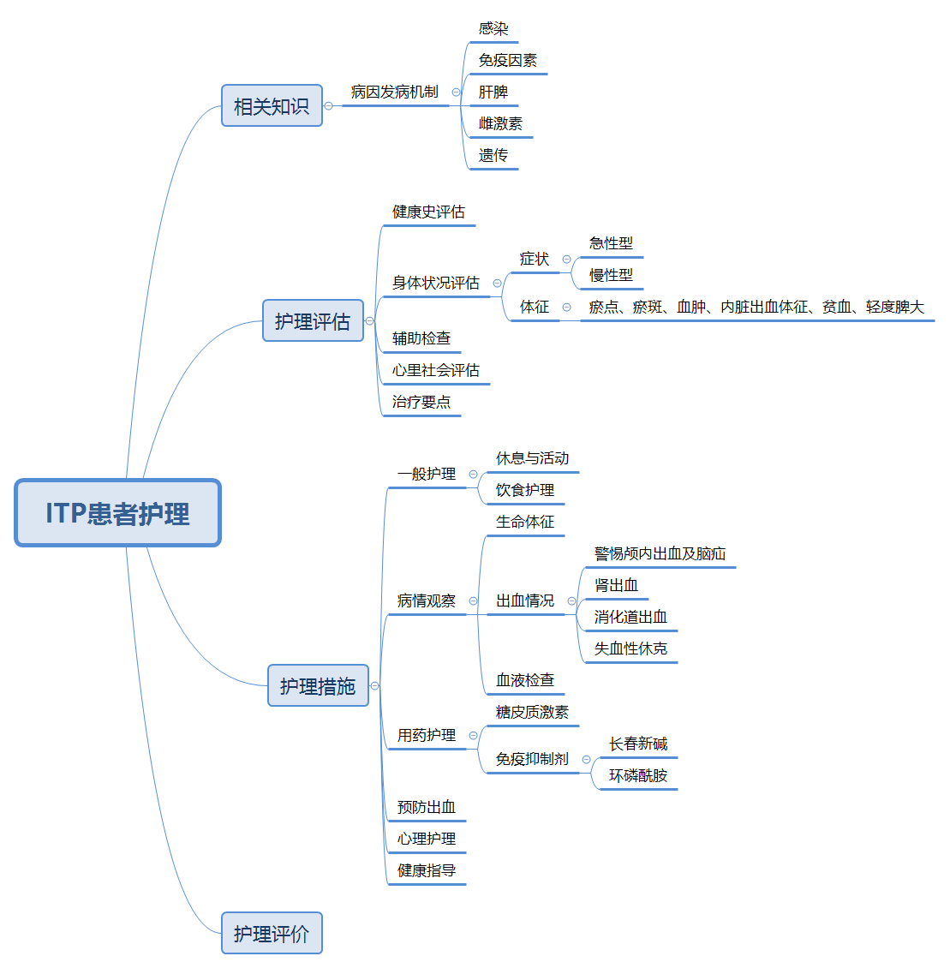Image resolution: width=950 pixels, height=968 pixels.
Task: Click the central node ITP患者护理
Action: tap(118, 513)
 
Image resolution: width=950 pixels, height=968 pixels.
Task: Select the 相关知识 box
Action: tap(272, 106)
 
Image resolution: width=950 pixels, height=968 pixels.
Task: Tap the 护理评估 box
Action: tap(313, 321)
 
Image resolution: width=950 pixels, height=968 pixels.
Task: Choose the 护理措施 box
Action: tap(318, 686)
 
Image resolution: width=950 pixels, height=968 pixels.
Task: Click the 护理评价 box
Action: tap(272, 934)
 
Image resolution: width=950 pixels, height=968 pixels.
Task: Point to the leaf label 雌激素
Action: tap(500, 124)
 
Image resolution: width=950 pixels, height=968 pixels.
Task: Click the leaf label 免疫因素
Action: tap(507, 61)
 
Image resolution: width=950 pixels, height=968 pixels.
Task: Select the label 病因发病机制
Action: tap(394, 93)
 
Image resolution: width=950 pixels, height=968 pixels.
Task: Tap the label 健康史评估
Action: tap(428, 212)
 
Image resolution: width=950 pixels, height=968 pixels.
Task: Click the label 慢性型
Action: tap(611, 276)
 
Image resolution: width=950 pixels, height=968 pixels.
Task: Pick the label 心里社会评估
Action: tap(435, 371)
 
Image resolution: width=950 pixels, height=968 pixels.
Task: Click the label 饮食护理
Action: tap(524, 491)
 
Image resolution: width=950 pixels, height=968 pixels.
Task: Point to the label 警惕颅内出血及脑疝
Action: tap(660, 554)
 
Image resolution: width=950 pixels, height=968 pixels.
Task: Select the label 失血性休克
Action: tap(630, 649)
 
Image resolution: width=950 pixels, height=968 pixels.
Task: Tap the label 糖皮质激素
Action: tap(532, 713)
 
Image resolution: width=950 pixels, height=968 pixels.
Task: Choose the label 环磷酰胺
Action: tap(638, 776)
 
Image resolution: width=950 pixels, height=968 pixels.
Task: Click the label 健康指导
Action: tap(426, 871)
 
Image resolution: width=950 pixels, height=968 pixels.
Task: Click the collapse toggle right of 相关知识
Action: tap(328, 106)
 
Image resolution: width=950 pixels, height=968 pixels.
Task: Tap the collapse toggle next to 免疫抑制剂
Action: tap(586, 759)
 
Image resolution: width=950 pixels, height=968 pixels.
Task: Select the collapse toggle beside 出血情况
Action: tap(571, 601)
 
